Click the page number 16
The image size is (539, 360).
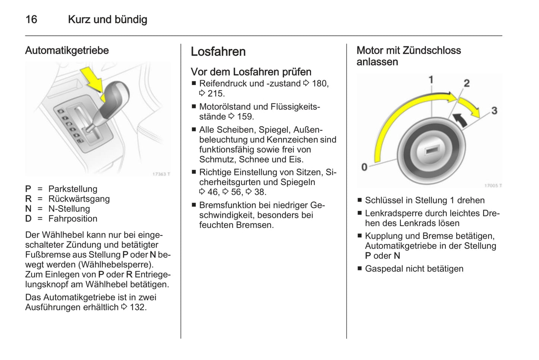(31, 19)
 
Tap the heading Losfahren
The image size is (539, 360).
(218, 51)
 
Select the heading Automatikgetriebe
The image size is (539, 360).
(67, 50)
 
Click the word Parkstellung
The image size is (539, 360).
(73, 189)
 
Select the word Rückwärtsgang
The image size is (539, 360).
(79, 199)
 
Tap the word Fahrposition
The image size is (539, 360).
(73, 219)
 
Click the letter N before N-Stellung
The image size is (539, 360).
(28, 209)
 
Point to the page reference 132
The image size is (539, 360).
(138, 307)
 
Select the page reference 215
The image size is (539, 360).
(216, 94)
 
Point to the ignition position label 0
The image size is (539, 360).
(364, 167)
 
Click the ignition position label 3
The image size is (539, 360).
(494, 110)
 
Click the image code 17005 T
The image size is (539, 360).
(493, 185)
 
